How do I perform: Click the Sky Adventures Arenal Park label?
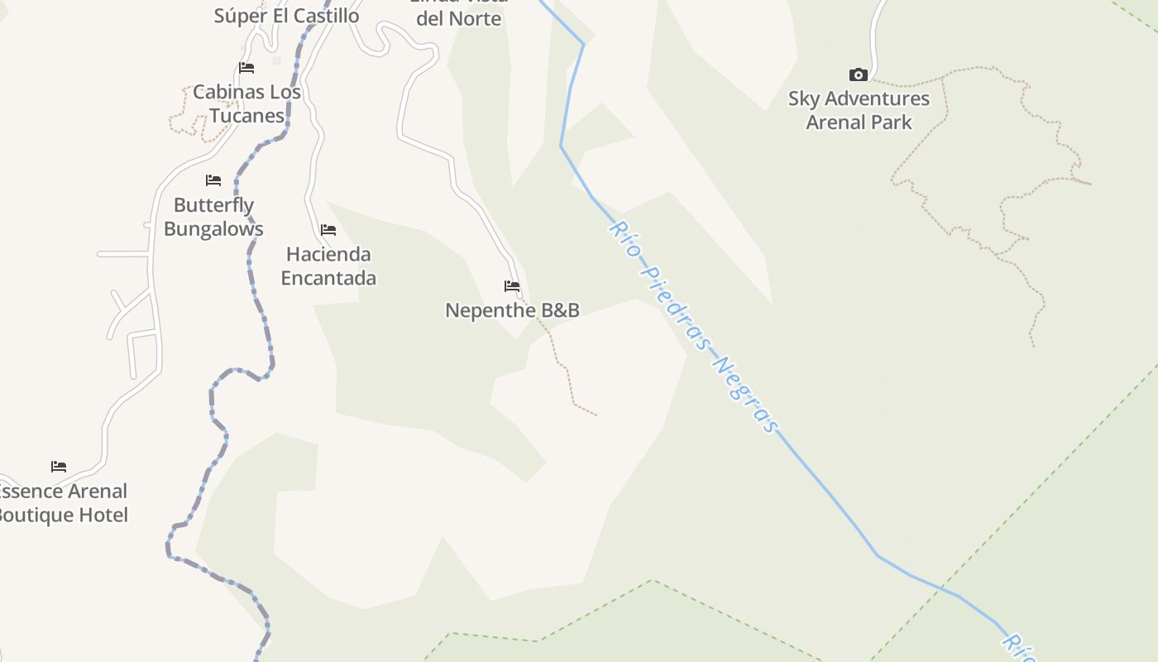click(x=859, y=110)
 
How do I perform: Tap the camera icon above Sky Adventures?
click(x=859, y=75)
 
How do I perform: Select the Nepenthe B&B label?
click(x=512, y=310)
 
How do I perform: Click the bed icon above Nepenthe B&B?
click(x=512, y=286)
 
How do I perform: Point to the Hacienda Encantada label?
click(x=328, y=266)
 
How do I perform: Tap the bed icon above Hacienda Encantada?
click(x=328, y=229)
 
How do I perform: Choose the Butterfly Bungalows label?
click(x=213, y=217)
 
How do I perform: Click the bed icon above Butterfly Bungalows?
click(x=213, y=180)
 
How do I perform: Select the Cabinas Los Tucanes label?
click(x=246, y=103)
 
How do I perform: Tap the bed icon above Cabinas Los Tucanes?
click(x=246, y=67)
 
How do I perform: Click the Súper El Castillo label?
click(x=286, y=15)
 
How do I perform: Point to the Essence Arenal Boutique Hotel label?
click(x=63, y=503)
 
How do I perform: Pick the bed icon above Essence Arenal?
click(x=58, y=467)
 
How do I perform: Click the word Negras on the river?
click(x=745, y=395)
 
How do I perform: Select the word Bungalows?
click(x=213, y=229)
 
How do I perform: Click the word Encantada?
click(x=328, y=278)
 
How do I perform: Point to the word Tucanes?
click(x=246, y=116)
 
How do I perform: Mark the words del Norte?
click(x=458, y=18)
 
